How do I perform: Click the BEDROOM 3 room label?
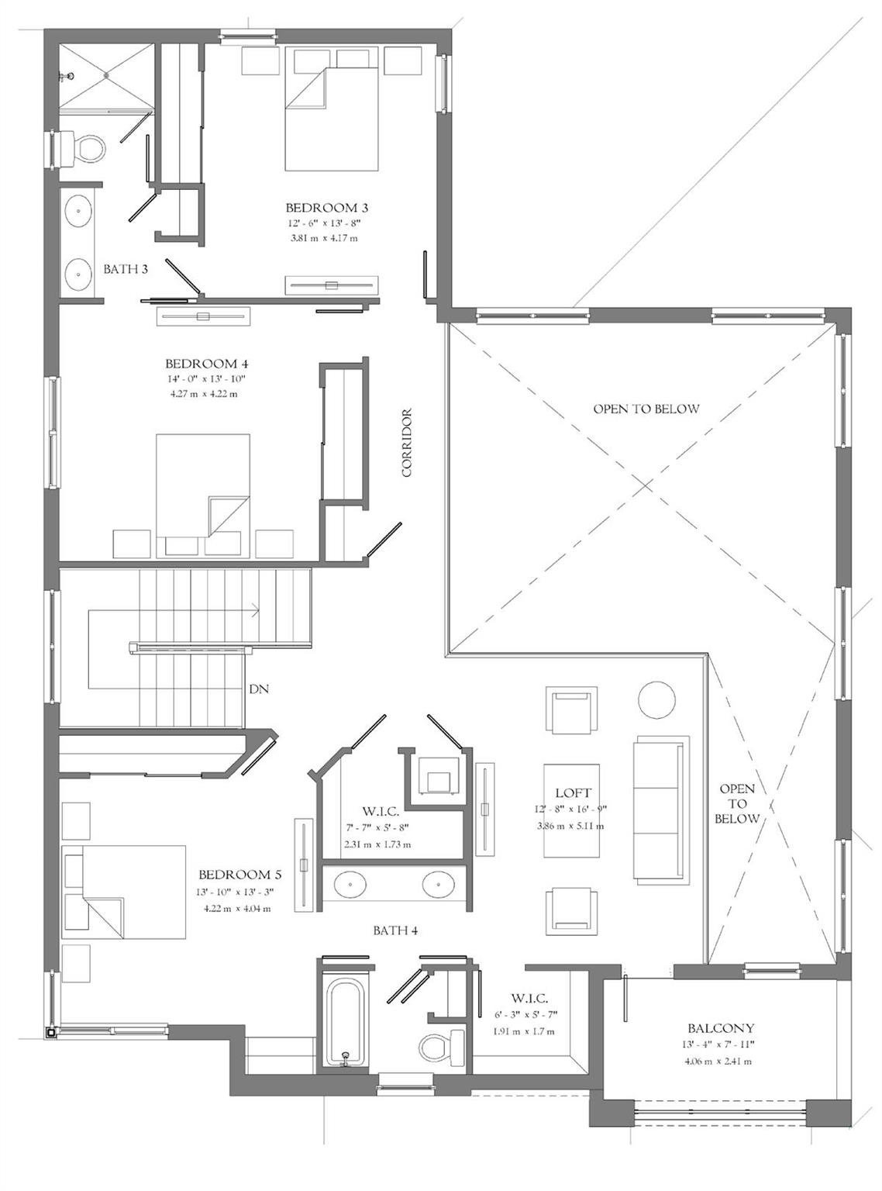326,207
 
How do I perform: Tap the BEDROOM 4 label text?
207,364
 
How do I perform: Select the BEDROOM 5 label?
240,874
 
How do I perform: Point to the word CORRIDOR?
406,443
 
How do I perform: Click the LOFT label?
574,792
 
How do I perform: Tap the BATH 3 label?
126,269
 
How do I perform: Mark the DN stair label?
259,689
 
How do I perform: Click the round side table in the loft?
656,699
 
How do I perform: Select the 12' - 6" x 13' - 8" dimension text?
326,223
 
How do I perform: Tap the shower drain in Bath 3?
106,75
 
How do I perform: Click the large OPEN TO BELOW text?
646,409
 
